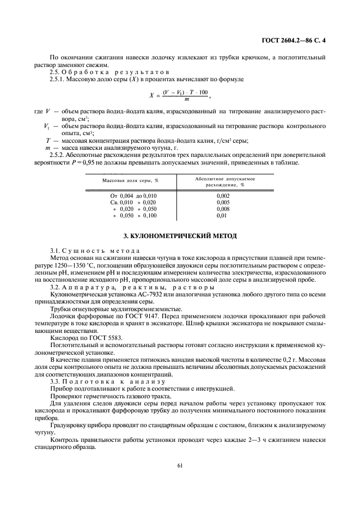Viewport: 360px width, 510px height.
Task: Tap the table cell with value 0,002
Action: pos(223,195)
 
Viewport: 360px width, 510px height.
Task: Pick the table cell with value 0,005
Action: pos(223,202)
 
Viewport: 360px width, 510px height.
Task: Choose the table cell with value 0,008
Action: pos(223,209)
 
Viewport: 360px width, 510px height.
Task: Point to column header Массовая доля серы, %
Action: pos(131,180)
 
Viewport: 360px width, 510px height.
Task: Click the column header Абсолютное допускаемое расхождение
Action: pos(225,181)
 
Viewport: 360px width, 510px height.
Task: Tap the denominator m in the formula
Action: pos(187,100)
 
